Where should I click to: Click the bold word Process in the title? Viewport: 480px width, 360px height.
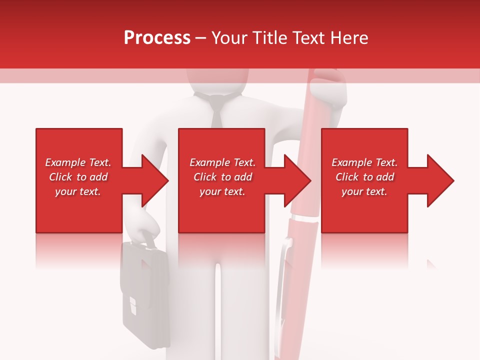click(x=157, y=38)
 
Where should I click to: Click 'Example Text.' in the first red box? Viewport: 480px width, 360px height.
click(x=78, y=162)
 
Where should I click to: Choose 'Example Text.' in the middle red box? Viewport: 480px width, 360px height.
click(x=222, y=162)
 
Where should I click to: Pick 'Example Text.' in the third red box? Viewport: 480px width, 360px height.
click(x=364, y=162)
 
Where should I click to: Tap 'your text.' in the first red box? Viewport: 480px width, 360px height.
click(x=78, y=191)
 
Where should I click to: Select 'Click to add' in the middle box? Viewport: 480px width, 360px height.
click(x=222, y=177)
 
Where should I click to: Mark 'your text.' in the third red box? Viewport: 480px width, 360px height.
click(x=364, y=191)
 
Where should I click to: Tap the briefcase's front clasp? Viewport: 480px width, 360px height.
click(x=132, y=305)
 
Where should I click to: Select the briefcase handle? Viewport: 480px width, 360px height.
click(x=144, y=239)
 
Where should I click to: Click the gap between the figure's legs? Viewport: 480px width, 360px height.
click(x=218, y=310)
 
